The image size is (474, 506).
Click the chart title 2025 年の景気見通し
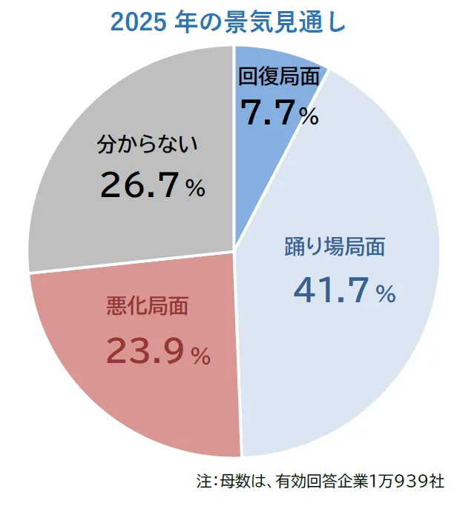228,21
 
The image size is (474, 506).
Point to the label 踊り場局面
335,247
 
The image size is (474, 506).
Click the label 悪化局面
148,305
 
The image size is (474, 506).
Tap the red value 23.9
144,350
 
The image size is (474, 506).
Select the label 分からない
148,143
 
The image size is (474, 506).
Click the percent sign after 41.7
386,294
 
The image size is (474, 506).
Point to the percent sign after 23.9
200,356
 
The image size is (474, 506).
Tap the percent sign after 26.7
195,189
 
